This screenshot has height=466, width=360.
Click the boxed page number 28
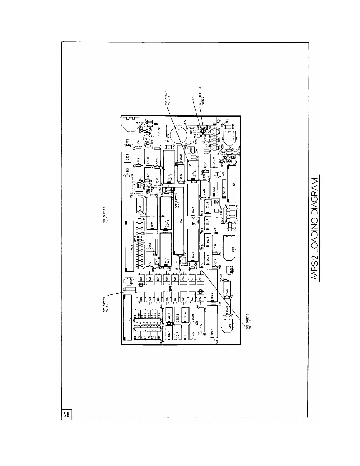(x=66, y=415)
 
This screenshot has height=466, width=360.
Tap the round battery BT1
(x=179, y=134)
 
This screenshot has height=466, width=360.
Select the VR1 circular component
(x=146, y=138)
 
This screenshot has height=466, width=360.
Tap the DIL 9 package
(x=215, y=160)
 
